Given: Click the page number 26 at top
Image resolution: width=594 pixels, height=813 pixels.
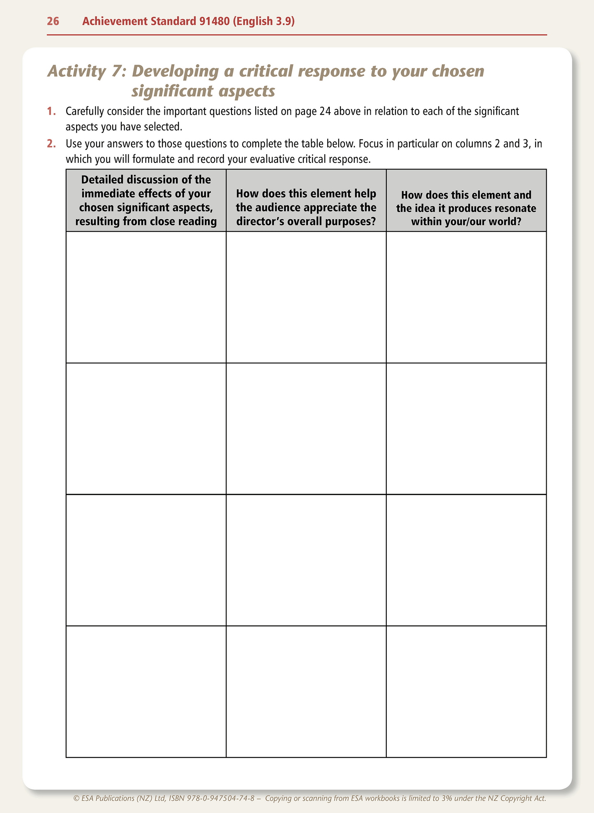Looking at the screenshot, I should [53, 21].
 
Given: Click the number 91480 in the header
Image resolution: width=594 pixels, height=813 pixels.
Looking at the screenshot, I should [214, 21].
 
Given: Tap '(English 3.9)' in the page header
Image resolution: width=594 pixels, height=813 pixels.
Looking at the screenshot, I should [264, 21].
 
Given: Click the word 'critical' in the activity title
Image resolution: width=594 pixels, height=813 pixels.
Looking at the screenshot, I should [265, 71].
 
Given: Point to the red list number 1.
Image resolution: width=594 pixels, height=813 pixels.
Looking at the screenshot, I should [51, 111].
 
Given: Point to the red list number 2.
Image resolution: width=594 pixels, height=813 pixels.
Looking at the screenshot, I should [51, 144].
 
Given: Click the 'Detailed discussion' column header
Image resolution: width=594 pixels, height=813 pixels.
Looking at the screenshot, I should [146, 201].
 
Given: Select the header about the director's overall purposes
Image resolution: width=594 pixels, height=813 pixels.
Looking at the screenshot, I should [306, 207].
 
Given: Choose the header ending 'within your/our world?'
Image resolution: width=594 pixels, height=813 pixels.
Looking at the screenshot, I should [466, 208].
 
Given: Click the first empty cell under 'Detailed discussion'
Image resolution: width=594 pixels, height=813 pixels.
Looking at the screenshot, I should [146, 297].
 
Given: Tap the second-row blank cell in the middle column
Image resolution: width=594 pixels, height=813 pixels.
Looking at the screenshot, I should [306, 429].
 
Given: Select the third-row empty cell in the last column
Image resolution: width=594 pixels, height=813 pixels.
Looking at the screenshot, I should [466, 560].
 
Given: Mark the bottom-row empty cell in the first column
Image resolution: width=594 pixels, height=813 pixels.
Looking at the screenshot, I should [146, 692].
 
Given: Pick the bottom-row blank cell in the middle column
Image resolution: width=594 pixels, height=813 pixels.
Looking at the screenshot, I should [306, 692].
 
